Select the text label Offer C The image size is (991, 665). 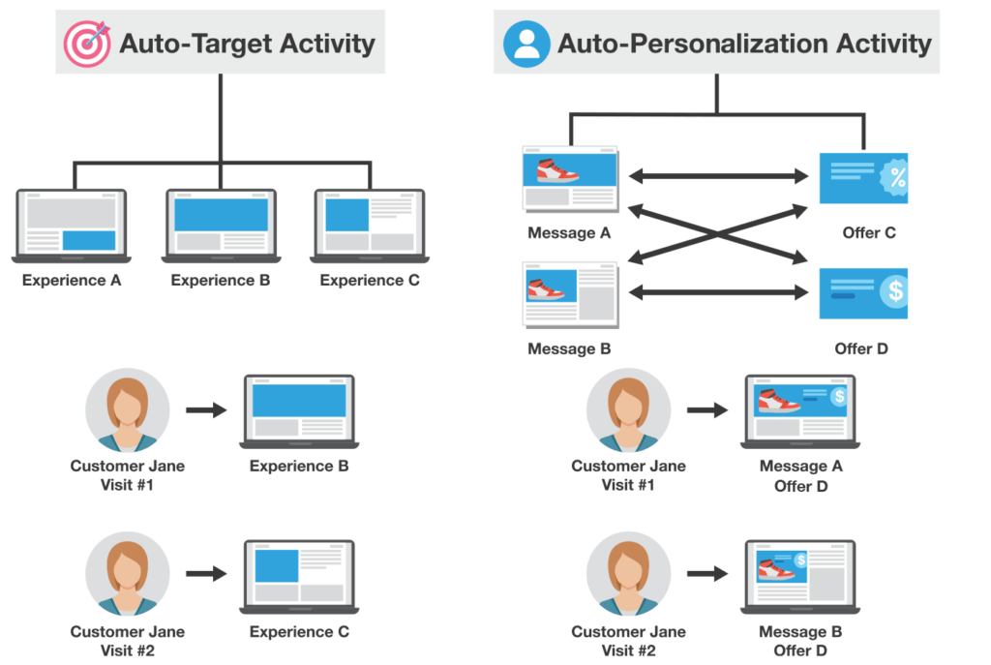(x=868, y=233)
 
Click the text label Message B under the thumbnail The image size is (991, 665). (x=569, y=348)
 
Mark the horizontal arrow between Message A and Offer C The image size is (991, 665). (x=719, y=176)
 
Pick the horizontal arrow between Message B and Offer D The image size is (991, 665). (x=719, y=290)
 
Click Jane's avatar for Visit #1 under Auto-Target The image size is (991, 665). (x=128, y=409)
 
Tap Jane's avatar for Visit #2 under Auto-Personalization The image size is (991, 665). (x=628, y=575)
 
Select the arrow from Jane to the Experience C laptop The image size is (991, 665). (x=205, y=574)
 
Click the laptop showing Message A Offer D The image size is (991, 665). (x=799, y=410)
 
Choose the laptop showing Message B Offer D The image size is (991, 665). (x=799, y=576)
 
